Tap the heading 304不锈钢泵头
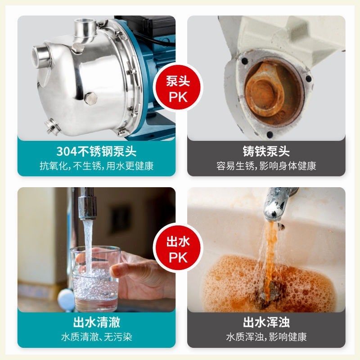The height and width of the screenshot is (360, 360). click(x=96, y=150)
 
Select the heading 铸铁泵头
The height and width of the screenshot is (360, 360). click(x=266, y=150)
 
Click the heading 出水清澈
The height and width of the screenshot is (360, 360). click(x=96, y=322)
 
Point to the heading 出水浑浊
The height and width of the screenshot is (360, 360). click(x=266, y=322)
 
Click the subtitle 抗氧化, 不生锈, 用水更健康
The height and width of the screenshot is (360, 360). click(x=96, y=166)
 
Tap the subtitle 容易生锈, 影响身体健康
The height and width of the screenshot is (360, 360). click(x=266, y=166)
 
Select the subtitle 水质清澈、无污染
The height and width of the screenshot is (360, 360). click(x=96, y=337)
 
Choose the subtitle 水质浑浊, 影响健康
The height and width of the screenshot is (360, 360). click(x=266, y=337)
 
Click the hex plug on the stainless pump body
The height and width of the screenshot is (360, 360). click(x=90, y=98)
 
